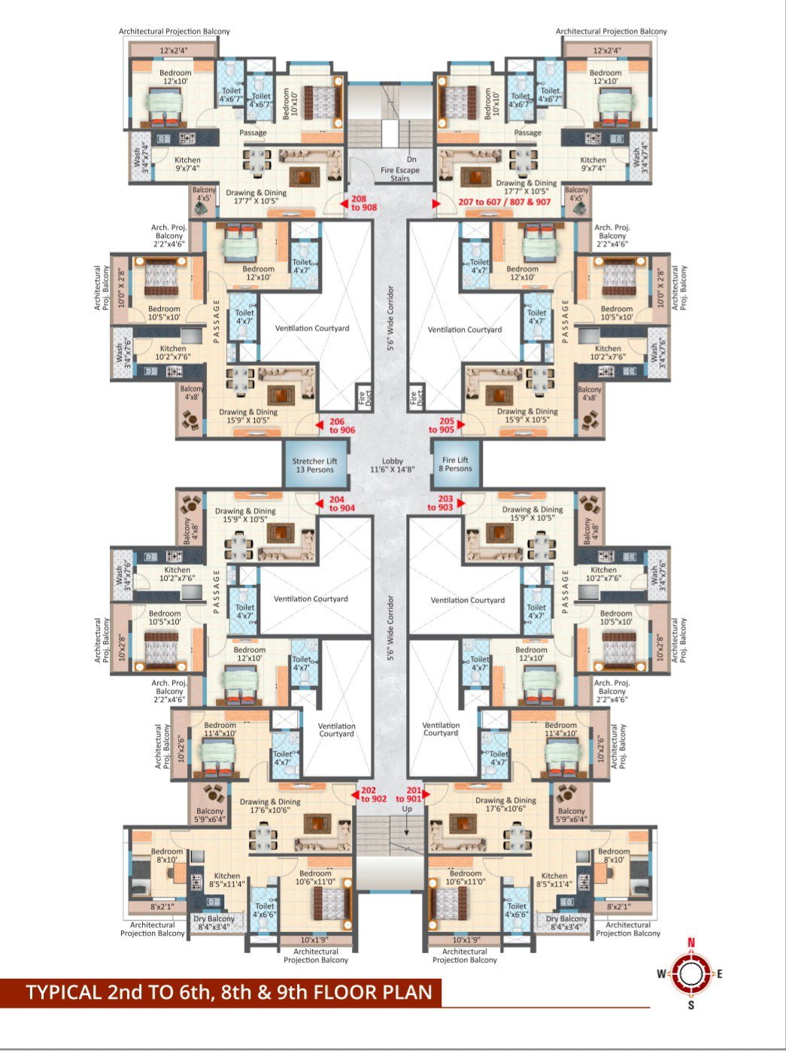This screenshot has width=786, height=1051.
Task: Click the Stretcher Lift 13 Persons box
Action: pyautogui.click(x=314, y=465)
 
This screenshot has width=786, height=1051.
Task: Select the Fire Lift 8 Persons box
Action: pyautogui.click(x=456, y=465)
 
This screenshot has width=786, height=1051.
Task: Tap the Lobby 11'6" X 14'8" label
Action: pyautogui.click(x=392, y=465)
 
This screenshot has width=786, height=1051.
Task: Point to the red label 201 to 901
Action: pyautogui.click(x=409, y=795)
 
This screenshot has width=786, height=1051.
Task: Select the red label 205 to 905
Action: pyautogui.click(x=442, y=425)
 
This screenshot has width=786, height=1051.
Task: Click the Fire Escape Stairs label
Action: pyautogui.click(x=400, y=169)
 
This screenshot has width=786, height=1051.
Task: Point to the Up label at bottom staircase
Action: pyautogui.click(x=407, y=809)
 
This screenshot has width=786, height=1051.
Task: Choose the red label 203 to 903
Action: pyautogui.click(x=441, y=504)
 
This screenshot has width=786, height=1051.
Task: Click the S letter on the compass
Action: pyautogui.click(x=691, y=1005)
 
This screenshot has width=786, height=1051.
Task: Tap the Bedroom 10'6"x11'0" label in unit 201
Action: pyautogui.click(x=465, y=877)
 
